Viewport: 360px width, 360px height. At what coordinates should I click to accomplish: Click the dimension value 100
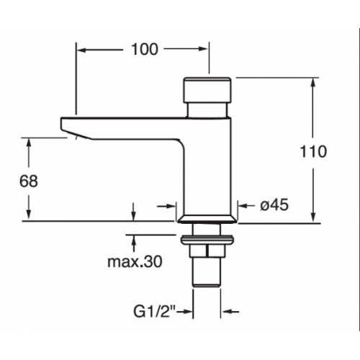click(x=144, y=50)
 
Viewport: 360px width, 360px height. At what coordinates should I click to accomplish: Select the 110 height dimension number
click(x=315, y=151)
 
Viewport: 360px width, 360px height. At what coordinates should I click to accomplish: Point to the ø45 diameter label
click(x=274, y=205)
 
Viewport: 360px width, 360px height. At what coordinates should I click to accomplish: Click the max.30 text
click(x=134, y=260)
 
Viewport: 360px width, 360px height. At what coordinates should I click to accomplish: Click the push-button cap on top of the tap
click(x=209, y=91)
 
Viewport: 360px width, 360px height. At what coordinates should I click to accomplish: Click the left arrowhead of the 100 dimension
click(x=81, y=50)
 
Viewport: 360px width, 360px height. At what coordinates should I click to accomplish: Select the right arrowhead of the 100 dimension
click(x=204, y=50)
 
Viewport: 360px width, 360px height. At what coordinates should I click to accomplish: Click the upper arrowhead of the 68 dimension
click(x=29, y=141)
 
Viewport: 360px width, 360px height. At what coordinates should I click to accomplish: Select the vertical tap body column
click(x=209, y=166)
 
